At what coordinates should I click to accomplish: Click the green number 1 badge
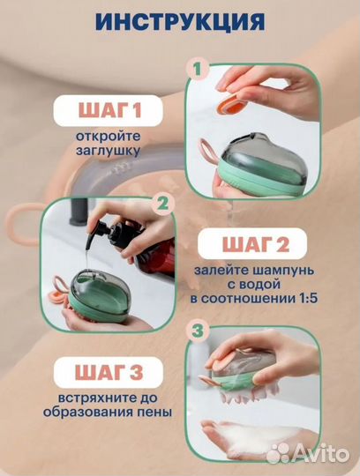198,68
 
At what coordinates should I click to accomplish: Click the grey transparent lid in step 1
244,150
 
